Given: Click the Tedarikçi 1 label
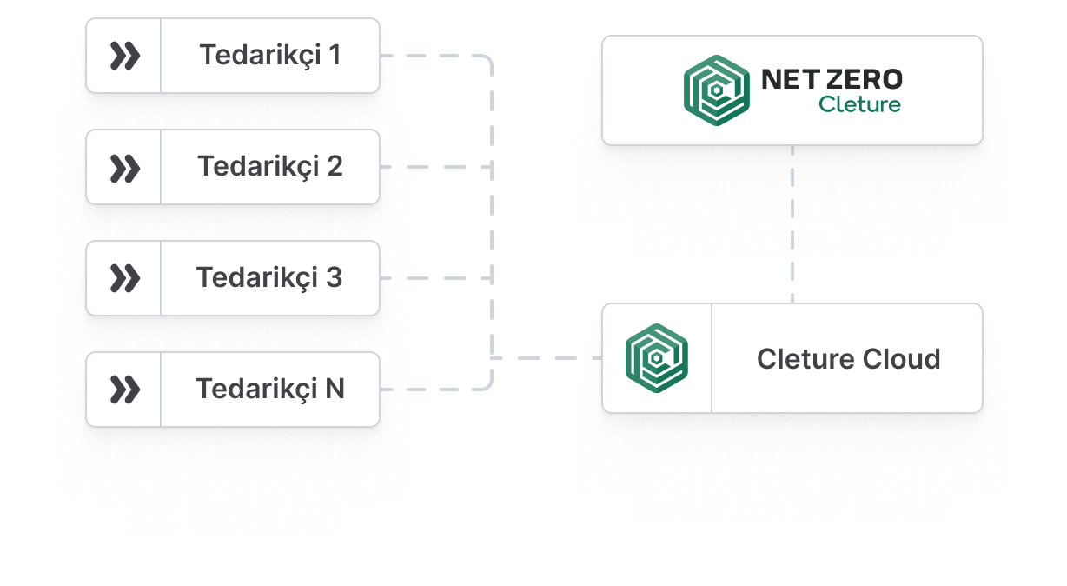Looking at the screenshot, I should click(x=270, y=56).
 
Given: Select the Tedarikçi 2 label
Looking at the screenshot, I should click(x=270, y=166).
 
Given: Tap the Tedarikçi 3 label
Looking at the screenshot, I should click(x=269, y=278).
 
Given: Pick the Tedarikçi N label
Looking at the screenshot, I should click(x=270, y=389).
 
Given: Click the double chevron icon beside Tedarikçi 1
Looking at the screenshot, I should click(x=124, y=56).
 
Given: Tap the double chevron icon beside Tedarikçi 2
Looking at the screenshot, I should click(x=124, y=167).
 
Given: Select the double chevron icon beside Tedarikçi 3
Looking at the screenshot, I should click(x=124, y=278).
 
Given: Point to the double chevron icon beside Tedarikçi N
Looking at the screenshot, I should click(x=124, y=390).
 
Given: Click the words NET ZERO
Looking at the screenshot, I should click(x=832, y=80).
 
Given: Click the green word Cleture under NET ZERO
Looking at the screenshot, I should click(x=859, y=105).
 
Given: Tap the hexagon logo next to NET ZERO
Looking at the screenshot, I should click(x=715, y=90).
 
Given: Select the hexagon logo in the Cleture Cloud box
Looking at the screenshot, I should click(x=657, y=358).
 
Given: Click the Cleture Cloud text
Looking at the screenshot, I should click(x=848, y=359).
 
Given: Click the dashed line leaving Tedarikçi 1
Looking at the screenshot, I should click(x=434, y=57).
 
